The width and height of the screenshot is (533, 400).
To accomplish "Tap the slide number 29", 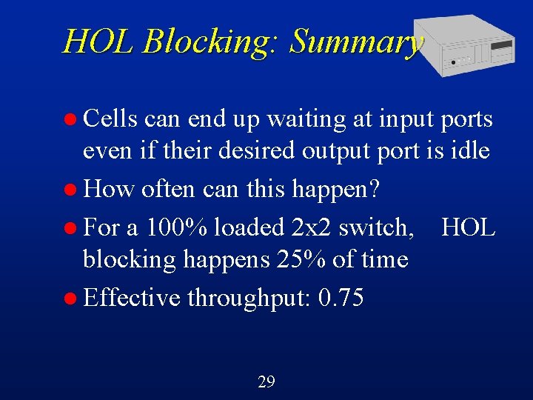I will pos(266,381).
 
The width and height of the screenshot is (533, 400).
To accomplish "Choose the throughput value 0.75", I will pos(341,298).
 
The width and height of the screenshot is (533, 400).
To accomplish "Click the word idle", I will pos(468,151).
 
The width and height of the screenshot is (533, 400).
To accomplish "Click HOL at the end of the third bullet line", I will pos(468,227).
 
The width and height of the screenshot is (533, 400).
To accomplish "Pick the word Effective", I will pos(131,298).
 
